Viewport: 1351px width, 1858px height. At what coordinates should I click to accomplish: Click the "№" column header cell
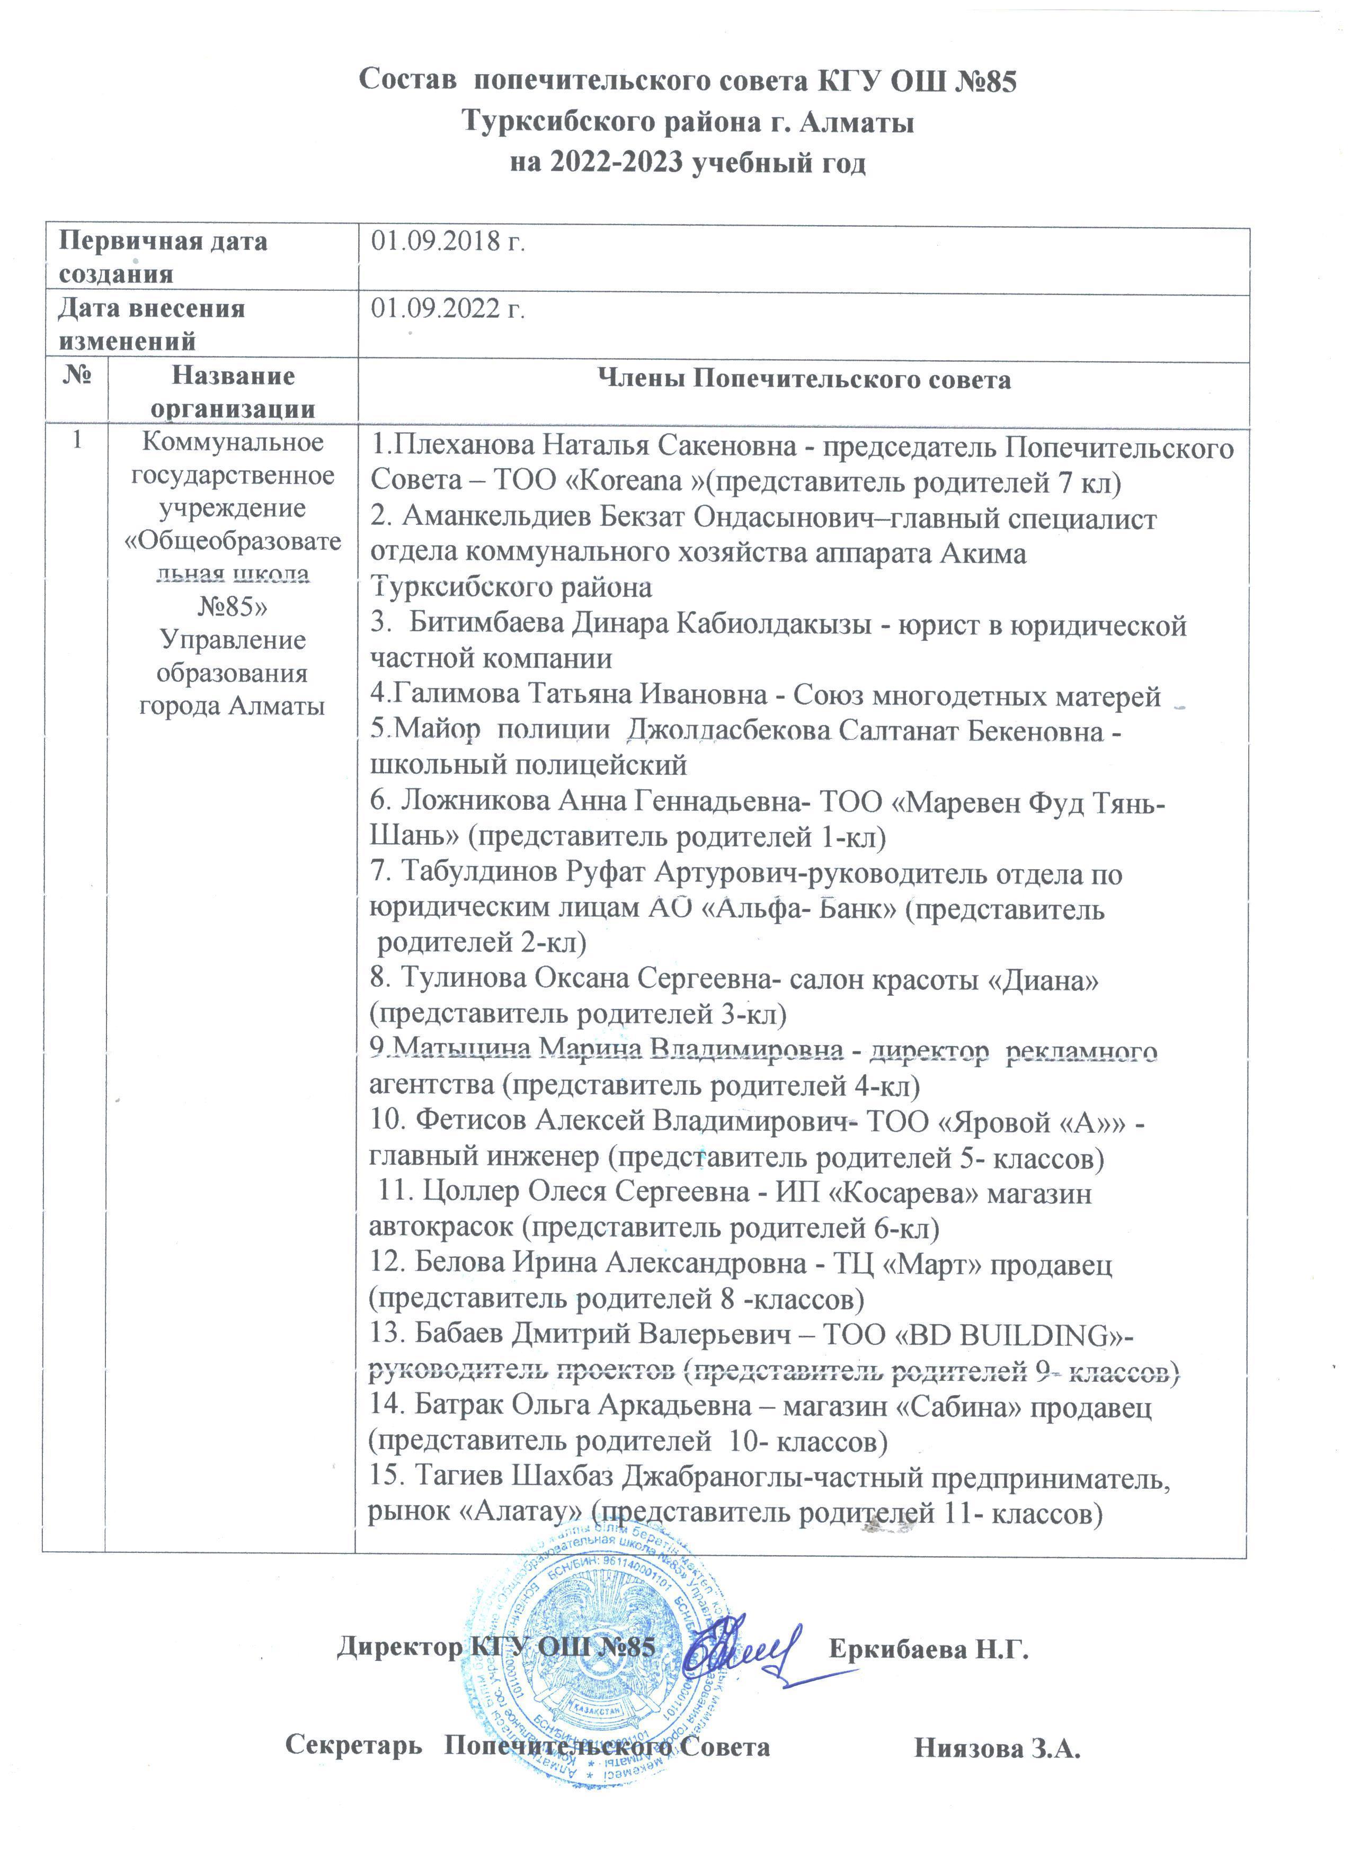pyautogui.click(x=76, y=376)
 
